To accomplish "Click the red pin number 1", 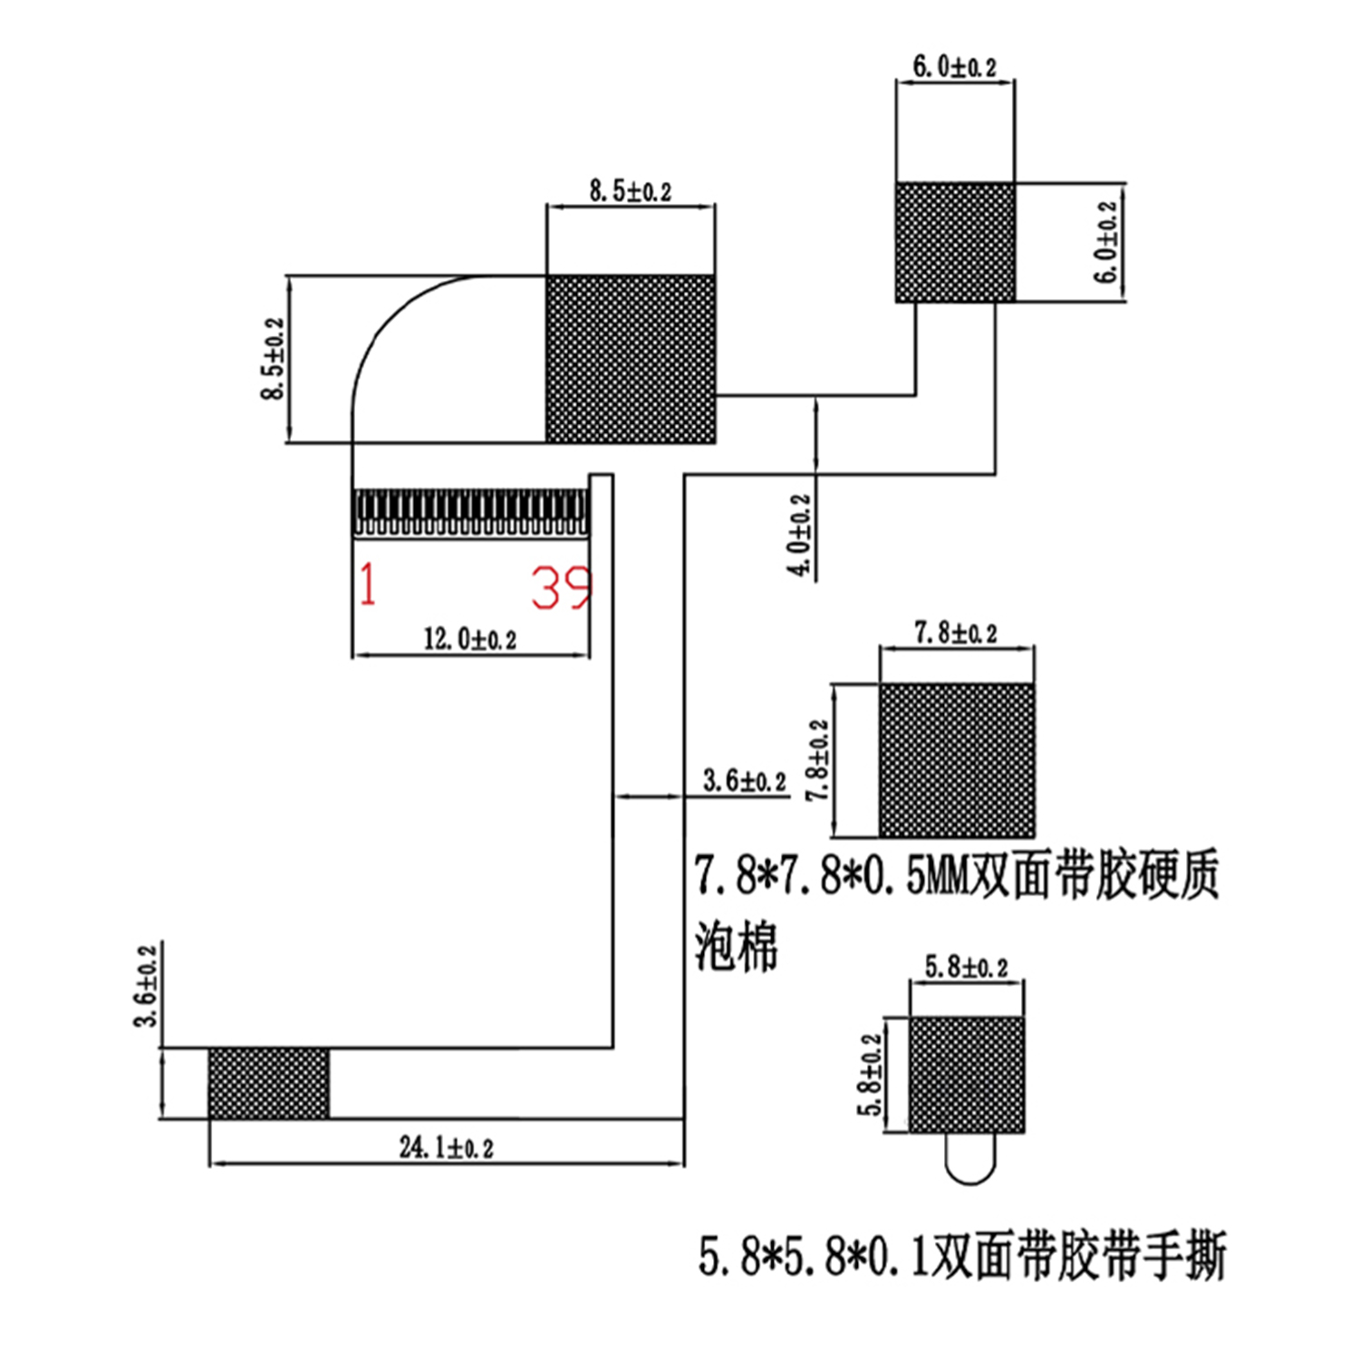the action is point(367,584).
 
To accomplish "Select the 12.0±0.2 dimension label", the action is point(470,639).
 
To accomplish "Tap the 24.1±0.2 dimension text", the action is point(447,1147).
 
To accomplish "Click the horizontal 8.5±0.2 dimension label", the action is point(631,190).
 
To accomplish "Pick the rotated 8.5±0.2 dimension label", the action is point(272,359).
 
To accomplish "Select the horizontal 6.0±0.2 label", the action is point(954,65).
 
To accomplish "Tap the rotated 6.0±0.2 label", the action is point(1107,242).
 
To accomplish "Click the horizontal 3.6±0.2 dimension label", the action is point(745,780).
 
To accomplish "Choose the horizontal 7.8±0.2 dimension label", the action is point(956,631).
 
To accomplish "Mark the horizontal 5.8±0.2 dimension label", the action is point(966,967).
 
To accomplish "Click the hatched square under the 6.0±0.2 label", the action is point(955,242).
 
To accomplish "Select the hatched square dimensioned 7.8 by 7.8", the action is point(957,760).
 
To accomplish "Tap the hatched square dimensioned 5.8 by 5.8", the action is point(967,1075).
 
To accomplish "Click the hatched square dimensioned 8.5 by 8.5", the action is point(631,359).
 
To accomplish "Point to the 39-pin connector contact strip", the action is point(470,514).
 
